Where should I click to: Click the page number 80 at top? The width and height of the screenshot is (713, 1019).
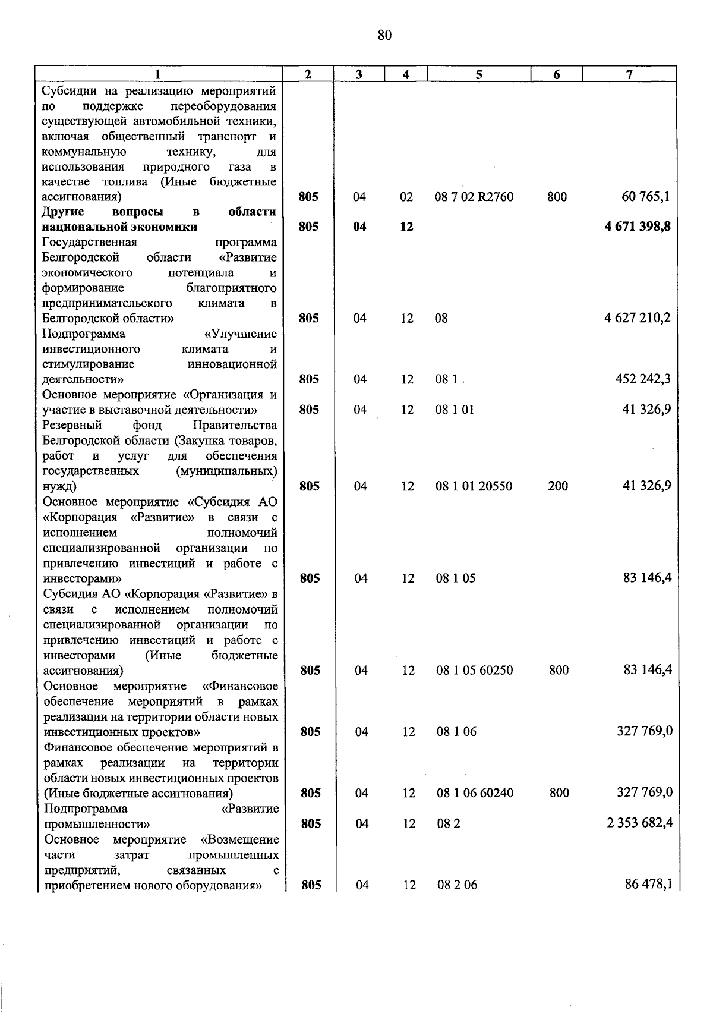[x=384, y=36]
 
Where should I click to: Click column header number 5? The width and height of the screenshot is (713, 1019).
[x=479, y=74]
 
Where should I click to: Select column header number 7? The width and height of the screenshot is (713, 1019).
[x=629, y=74]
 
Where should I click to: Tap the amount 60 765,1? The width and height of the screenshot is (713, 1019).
[x=646, y=197]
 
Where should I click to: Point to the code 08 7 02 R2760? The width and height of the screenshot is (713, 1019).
[x=474, y=197]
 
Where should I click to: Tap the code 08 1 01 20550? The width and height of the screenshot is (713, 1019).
[x=474, y=486]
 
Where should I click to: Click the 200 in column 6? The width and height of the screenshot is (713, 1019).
[x=557, y=486]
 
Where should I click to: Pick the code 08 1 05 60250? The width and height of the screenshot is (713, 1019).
[x=474, y=671]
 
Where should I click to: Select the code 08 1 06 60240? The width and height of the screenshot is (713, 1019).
[x=475, y=793]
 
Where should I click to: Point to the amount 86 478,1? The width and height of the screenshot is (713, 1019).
[x=648, y=885]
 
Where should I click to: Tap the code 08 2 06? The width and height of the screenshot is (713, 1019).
[x=457, y=885]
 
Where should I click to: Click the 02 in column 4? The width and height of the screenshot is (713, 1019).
[x=406, y=197]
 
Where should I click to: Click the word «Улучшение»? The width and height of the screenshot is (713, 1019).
[x=240, y=334]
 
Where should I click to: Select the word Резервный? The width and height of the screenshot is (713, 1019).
[x=72, y=425]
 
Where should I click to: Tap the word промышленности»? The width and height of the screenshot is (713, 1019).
[x=97, y=824]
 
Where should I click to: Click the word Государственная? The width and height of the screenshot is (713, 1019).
[x=90, y=242]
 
